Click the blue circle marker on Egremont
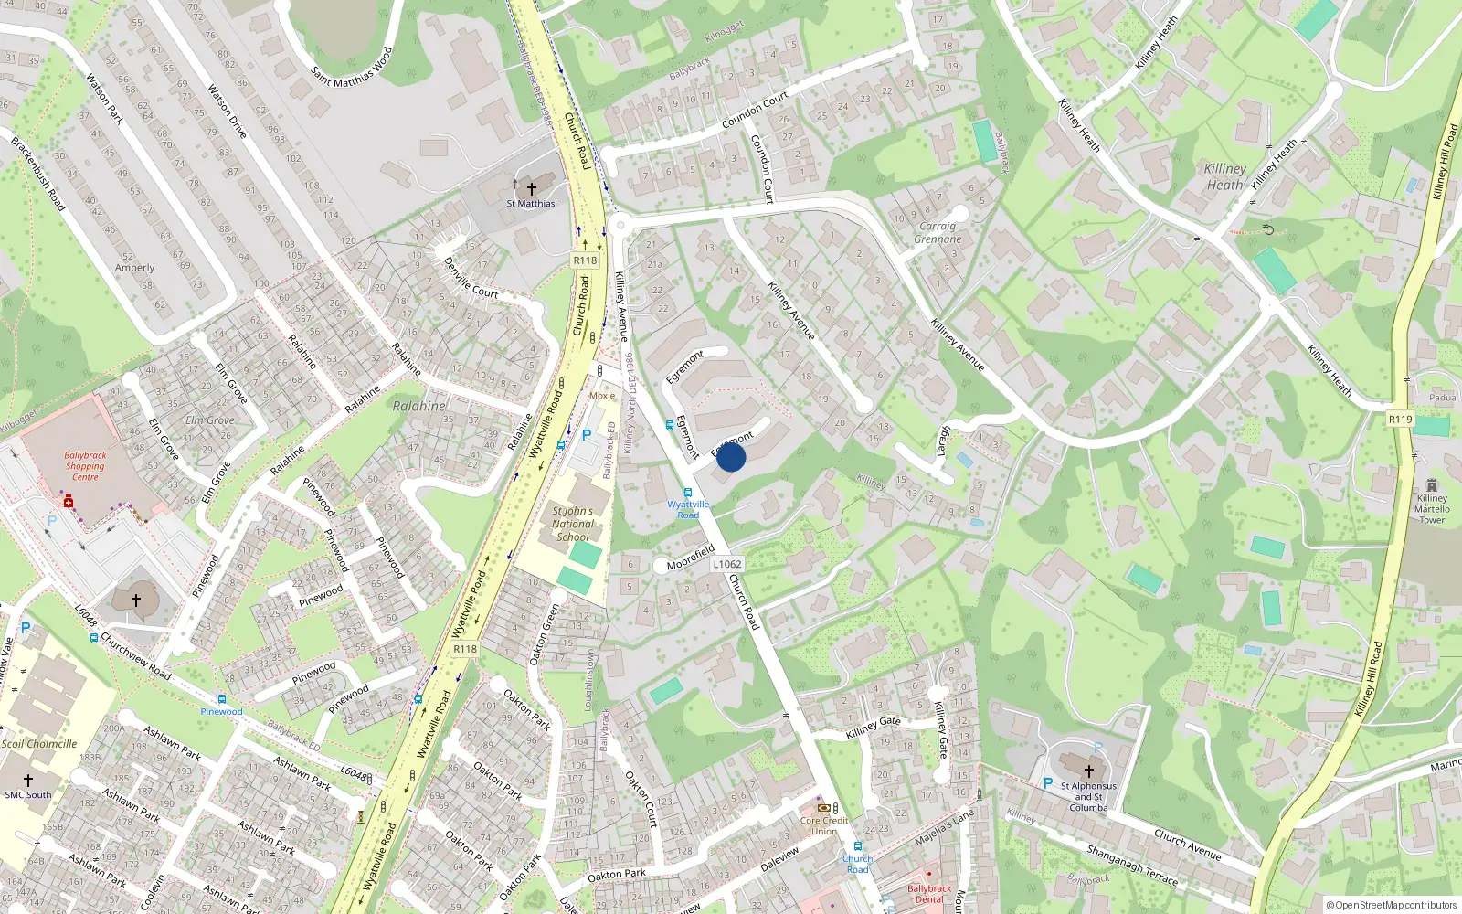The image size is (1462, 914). click(x=731, y=457)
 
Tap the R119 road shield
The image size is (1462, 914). click(x=1400, y=419)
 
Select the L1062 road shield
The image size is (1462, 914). click(x=727, y=564)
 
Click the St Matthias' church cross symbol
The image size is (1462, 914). click(x=531, y=187)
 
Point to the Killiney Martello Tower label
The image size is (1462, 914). click(x=1432, y=509)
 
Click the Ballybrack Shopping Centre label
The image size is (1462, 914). click(x=85, y=466)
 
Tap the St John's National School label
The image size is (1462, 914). click(x=573, y=524)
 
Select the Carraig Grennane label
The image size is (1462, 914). click(x=938, y=232)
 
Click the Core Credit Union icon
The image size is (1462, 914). click(x=823, y=808)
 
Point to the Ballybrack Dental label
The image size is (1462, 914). click(x=929, y=894)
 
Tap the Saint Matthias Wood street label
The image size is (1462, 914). click(x=351, y=68)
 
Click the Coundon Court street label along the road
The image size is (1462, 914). click(x=755, y=110)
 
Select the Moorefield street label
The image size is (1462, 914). click(x=691, y=557)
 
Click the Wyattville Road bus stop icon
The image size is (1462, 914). click(x=688, y=493)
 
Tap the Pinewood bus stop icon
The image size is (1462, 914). click(x=222, y=699)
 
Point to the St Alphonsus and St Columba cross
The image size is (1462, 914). click(x=1088, y=771)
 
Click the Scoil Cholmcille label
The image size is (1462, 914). click(x=39, y=744)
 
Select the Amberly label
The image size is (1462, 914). click(x=134, y=268)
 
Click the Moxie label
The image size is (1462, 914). click(x=602, y=396)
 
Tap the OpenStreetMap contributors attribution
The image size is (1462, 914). click(x=1392, y=905)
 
